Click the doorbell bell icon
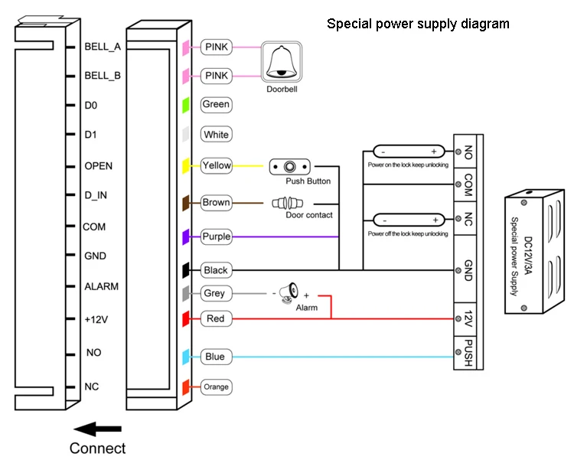click(x=281, y=61)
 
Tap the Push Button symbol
click(x=289, y=167)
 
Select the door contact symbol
click(x=287, y=203)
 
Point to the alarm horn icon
click(x=289, y=292)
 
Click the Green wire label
click(x=216, y=104)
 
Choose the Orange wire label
click(x=216, y=387)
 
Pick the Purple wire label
click(x=217, y=237)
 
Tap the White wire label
click(x=216, y=135)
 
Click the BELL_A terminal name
click(x=103, y=47)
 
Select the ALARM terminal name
click(x=101, y=286)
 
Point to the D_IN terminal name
click(x=96, y=195)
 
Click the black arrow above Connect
click(x=97, y=429)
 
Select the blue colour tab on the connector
click(x=186, y=357)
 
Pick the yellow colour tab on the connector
click(x=186, y=166)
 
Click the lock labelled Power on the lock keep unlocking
click(x=409, y=152)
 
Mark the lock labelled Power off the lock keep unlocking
click(x=409, y=220)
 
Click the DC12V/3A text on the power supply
click(x=528, y=256)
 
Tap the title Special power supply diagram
click(x=418, y=24)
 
